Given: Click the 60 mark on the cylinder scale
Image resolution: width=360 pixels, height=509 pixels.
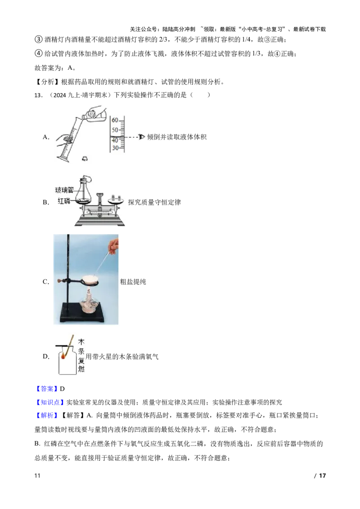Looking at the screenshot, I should pos(115,120).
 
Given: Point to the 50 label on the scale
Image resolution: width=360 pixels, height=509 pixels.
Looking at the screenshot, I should pos(115,129).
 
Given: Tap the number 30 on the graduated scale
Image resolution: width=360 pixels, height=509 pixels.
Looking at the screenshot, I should pos(115,148).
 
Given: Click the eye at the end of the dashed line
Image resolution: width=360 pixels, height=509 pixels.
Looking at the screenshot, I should pos(143,137).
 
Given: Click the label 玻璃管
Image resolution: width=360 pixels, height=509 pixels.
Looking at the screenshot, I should pos(64,191).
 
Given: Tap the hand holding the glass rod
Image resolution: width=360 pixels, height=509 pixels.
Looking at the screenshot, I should pos(115,245).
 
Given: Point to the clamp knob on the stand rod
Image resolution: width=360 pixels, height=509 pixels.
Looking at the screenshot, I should pos(58,282).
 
